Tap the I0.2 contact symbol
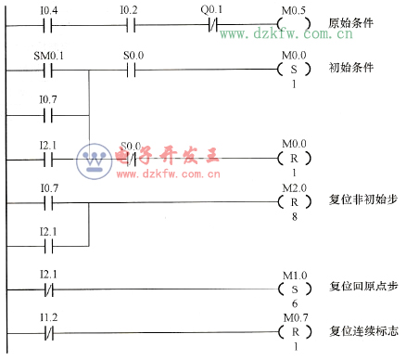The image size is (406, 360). click(x=131, y=22)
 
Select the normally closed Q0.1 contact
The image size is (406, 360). click(x=211, y=22)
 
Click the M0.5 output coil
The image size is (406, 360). click(x=293, y=22)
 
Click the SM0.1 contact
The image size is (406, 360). click(x=47, y=69)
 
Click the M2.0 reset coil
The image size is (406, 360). click(x=293, y=201)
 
